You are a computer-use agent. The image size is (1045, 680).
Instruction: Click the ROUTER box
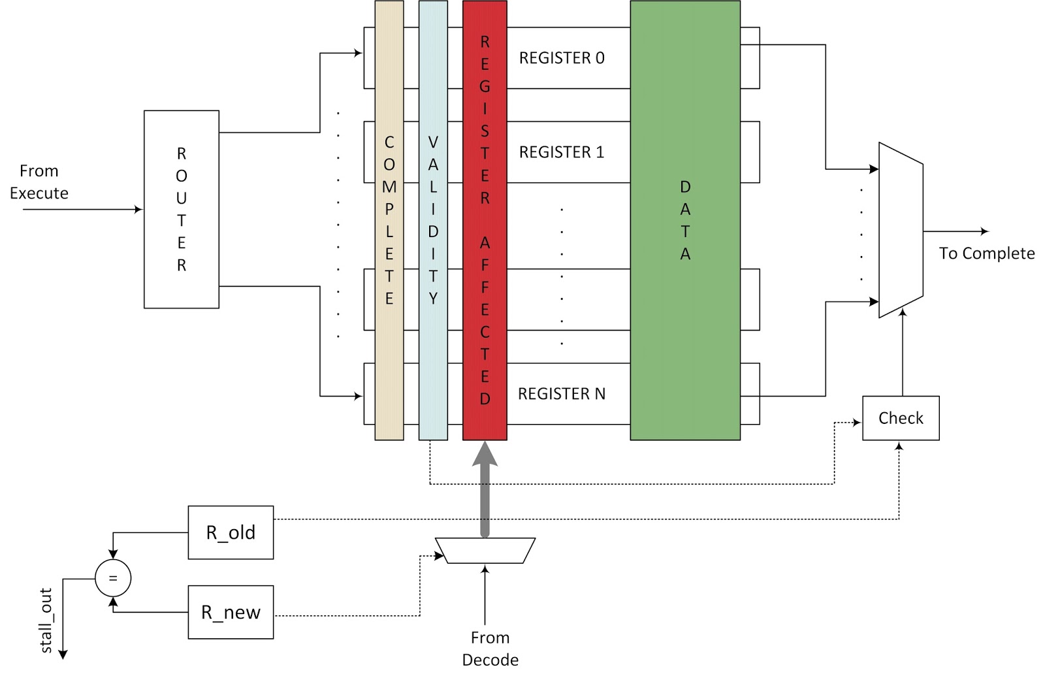tap(181, 209)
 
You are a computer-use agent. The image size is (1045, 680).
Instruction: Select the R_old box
tap(231, 532)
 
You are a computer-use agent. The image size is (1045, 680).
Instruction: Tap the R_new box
tap(231, 612)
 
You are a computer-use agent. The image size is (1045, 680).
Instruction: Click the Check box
tap(901, 418)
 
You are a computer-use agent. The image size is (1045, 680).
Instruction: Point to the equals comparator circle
tap(113, 578)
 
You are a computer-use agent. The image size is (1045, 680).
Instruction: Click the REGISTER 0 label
tap(562, 58)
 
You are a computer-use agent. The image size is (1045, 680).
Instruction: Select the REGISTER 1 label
tap(562, 152)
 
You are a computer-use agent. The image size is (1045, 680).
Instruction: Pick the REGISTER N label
tap(562, 394)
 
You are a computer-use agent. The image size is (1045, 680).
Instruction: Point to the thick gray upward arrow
tap(485, 490)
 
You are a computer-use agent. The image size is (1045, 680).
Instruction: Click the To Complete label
tap(986, 253)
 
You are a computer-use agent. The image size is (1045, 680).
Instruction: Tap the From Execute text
tap(39, 182)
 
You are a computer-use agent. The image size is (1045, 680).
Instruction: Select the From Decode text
tap(490, 649)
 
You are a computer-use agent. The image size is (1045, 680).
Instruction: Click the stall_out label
tap(46, 621)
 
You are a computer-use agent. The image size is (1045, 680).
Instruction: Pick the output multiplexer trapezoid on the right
tap(901, 230)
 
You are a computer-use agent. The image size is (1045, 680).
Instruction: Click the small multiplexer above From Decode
tap(485, 550)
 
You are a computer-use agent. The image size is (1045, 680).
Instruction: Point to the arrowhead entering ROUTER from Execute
tap(138, 210)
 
